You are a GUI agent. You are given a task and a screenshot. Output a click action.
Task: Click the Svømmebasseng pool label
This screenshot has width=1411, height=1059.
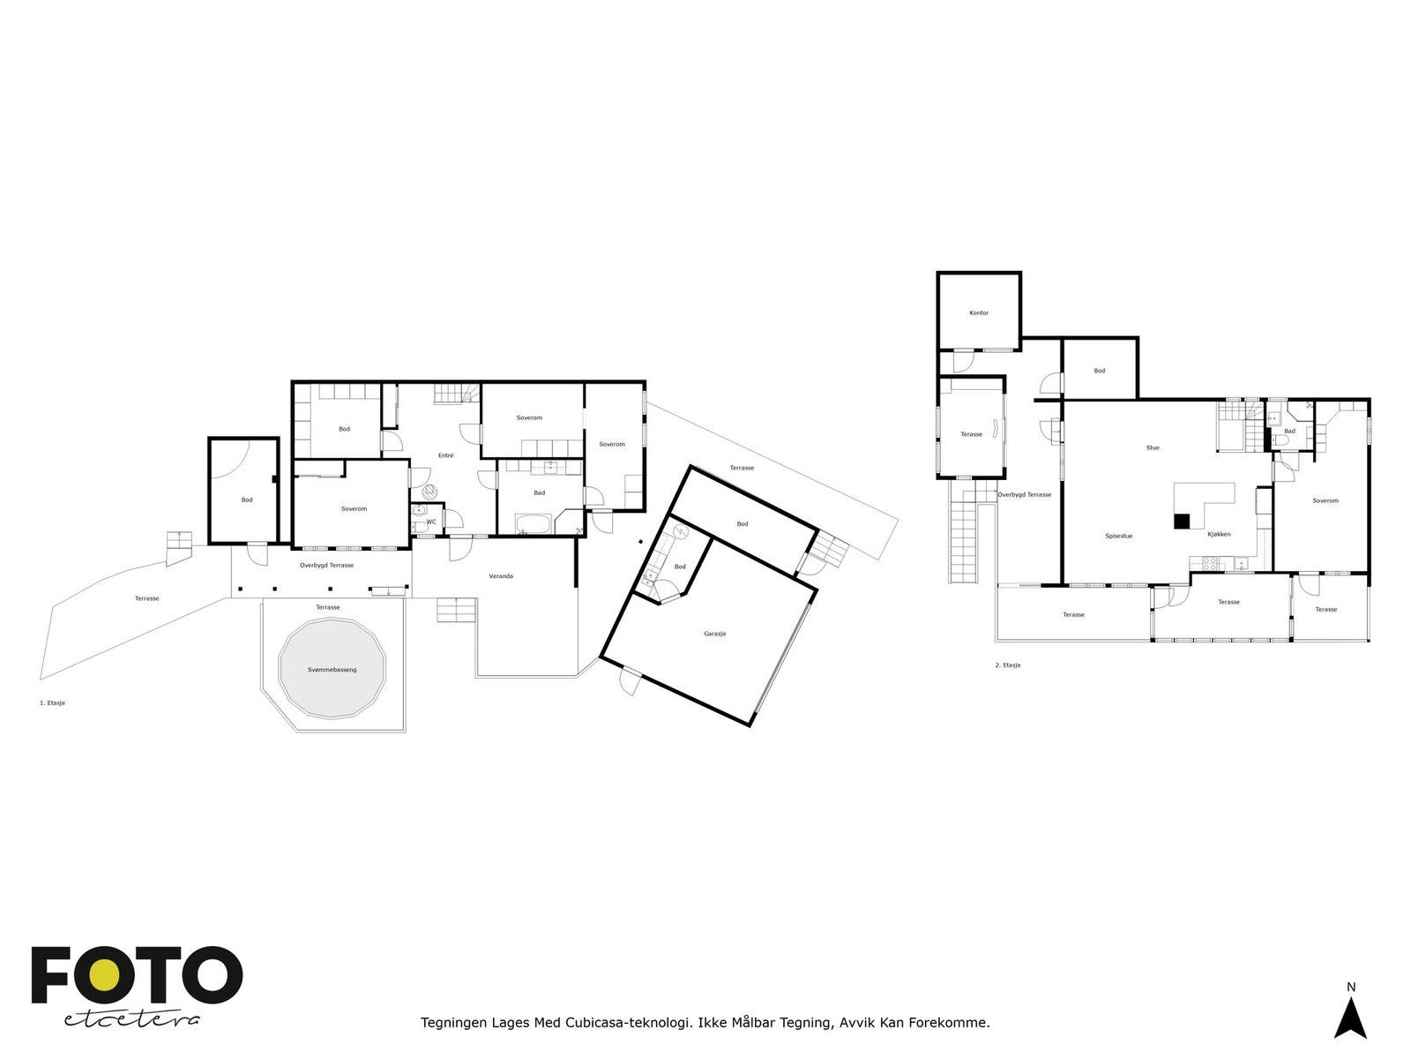(x=332, y=669)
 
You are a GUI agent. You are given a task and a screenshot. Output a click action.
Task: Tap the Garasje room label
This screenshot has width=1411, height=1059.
(x=714, y=634)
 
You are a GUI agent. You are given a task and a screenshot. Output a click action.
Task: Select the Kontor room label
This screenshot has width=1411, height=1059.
(x=978, y=313)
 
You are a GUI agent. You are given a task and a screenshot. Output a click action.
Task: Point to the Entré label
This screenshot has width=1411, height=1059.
(x=445, y=455)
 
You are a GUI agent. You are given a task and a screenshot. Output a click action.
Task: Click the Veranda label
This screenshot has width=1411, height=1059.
(x=501, y=576)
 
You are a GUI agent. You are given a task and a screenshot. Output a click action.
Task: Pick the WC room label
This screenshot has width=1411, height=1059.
(x=431, y=522)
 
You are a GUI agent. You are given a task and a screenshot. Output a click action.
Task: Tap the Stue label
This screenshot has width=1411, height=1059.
(x=1153, y=447)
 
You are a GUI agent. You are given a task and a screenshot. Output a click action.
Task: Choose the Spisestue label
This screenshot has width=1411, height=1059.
(x=1118, y=536)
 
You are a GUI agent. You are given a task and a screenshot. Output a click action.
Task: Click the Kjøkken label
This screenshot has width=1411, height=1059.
(x=1219, y=534)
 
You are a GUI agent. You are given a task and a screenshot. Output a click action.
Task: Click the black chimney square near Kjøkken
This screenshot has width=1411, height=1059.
(x=1182, y=522)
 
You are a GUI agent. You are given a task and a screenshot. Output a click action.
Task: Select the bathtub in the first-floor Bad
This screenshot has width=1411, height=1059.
(x=533, y=523)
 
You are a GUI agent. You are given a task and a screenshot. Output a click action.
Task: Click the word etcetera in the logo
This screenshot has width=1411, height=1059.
(x=131, y=1020)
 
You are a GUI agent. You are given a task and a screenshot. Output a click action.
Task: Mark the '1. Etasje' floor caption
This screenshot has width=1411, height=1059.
(x=52, y=702)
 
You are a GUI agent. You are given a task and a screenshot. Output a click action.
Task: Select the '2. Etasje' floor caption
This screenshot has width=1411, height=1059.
(x=1008, y=665)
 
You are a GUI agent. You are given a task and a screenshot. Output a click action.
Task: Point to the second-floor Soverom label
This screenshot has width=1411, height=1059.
(x=1325, y=500)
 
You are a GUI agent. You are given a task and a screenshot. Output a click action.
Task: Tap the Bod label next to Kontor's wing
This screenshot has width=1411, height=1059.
(x=1099, y=371)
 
